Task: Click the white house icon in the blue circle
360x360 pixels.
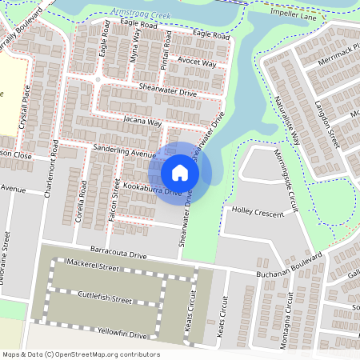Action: pyautogui.click(x=180, y=172)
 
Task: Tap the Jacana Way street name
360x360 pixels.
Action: pyautogui.click(x=142, y=122)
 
